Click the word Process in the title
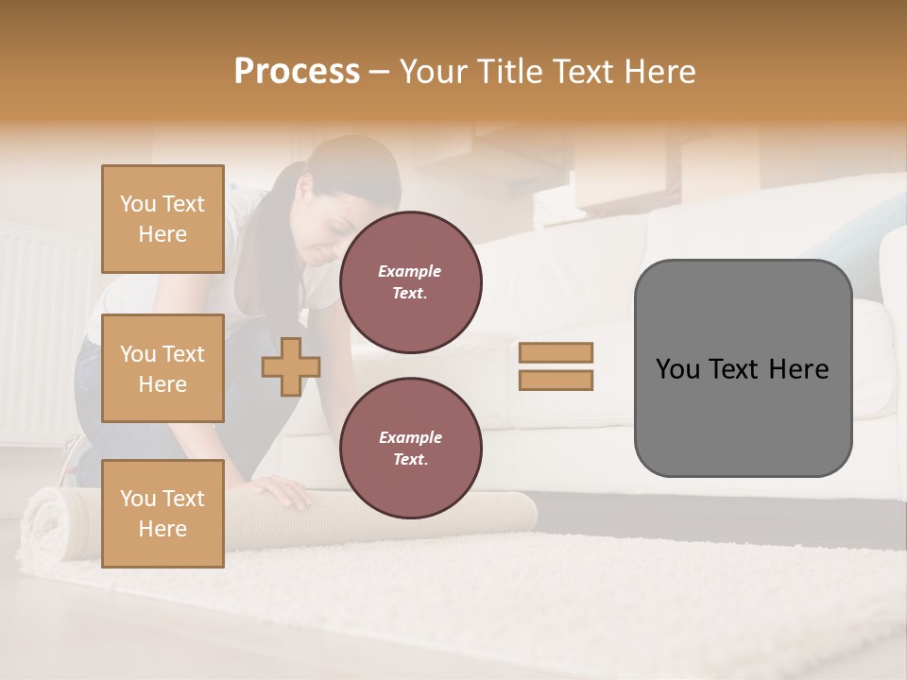click(x=297, y=72)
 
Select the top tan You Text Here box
click(x=163, y=219)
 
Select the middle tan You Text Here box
click(x=163, y=368)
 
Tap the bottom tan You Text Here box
click(x=163, y=513)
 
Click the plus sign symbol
click(x=290, y=366)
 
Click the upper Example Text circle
click(x=410, y=282)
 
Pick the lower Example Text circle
click(x=410, y=449)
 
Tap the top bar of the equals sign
click(x=556, y=352)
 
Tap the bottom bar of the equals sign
click(x=556, y=380)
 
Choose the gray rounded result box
click(x=743, y=368)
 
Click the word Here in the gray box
click(x=798, y=369)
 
